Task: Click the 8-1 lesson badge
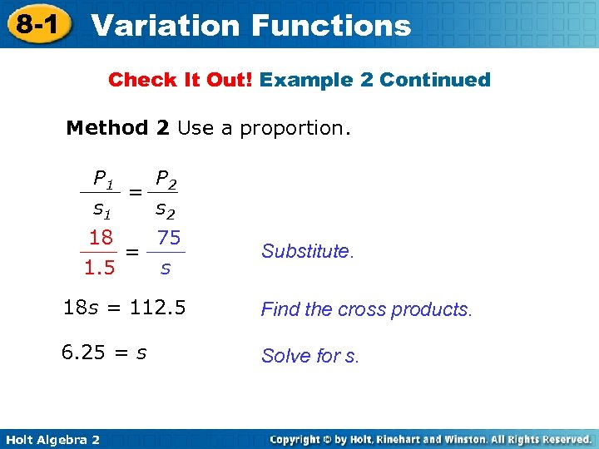coord(38,24)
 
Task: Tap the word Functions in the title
coord(333,25)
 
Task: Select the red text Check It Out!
coord(181,80)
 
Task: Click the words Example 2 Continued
coord(375,80)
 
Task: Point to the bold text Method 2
coord(118,128)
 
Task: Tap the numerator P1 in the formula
coord(103,178)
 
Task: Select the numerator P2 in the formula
coord(166,178)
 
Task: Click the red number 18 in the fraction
coord(101,238)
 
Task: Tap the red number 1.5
coord(99,268)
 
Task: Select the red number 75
coord(169,238)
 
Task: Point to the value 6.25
coord(84,353)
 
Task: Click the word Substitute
coord(307,251)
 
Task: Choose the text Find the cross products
coord(366,309)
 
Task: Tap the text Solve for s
coord(310,356)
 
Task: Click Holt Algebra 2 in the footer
coord(52,439)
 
